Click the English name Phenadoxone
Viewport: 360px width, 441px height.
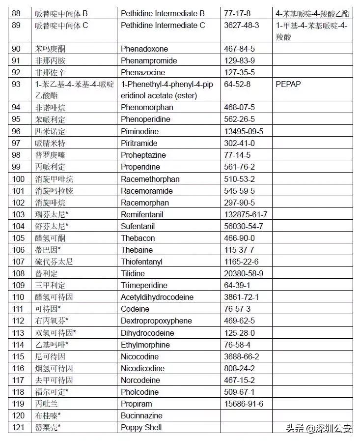tap(144, 49)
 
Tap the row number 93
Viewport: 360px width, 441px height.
tap(16, 84)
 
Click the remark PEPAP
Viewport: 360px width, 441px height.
tap(288, 84)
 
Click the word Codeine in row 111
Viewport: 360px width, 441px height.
tap(135, 309)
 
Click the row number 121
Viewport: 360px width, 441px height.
tap(18, 427)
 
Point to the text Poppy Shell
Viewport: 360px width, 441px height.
tap(141, 427)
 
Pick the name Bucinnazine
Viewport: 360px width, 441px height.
tap(141, 415)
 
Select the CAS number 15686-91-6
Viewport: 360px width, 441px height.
tap(244, 404)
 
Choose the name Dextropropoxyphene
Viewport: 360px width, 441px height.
tap(156, 321)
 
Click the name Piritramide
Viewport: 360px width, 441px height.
tap(139, 143)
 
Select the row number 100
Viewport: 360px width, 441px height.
tap(18, 179)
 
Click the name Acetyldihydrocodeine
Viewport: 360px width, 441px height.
tap(157, 297)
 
